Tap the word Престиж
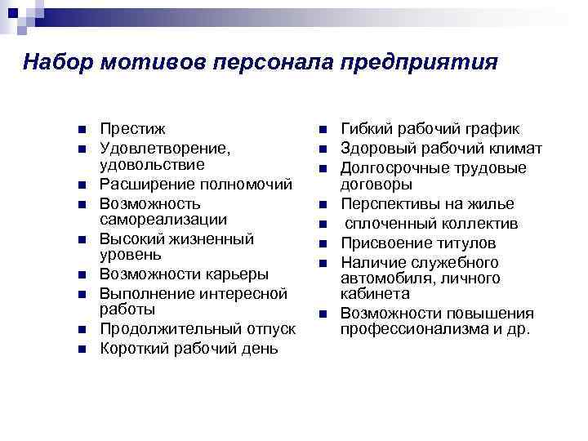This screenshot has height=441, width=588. (132, 129)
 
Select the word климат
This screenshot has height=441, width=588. (513, 149)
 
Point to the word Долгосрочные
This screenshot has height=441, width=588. (395, 168)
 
